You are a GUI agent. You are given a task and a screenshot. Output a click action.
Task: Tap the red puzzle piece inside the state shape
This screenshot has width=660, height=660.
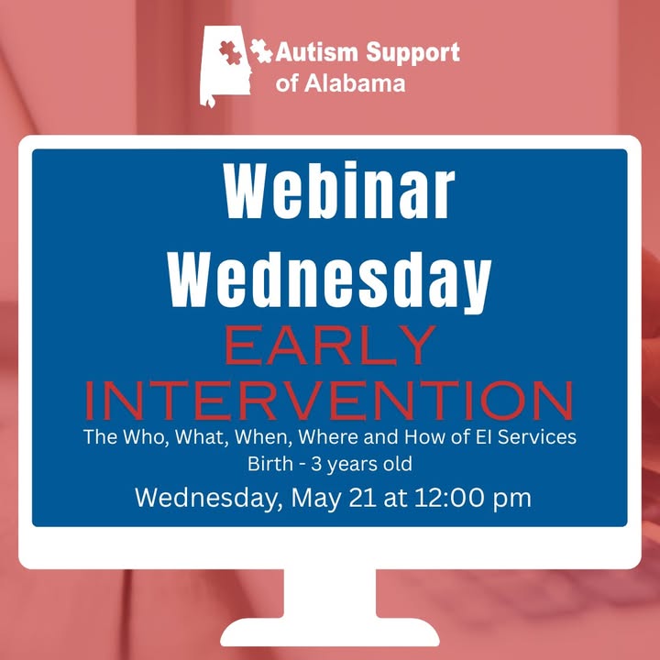point(231,52)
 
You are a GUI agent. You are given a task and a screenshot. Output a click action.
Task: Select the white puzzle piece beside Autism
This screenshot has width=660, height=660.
point(261,51)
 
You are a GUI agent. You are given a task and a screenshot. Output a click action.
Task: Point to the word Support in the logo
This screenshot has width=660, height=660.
point(412,53)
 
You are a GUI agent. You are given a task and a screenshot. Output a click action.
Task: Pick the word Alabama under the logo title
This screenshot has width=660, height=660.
point(355,82)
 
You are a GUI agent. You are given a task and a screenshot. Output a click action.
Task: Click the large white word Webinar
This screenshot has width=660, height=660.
point(339,191)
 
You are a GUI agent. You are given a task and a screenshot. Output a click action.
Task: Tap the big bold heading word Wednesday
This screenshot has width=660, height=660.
point(330,281)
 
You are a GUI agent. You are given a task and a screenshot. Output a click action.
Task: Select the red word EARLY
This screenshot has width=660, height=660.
point(330,345)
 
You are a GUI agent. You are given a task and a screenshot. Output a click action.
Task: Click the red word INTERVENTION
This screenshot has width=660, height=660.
point(330,401)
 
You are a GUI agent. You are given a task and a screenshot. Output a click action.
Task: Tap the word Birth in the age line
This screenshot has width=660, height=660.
point(269,464)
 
